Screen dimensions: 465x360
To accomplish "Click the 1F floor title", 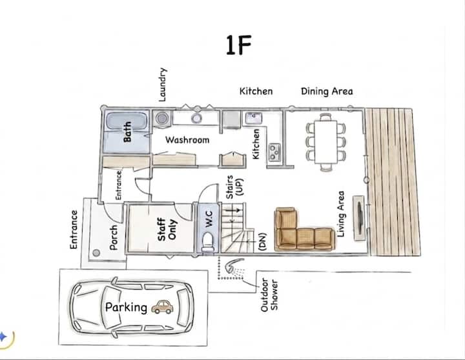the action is tap(239, 45).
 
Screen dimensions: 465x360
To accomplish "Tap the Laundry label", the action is tap(163, 85).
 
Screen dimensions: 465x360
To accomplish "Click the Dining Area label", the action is tap(327, 91).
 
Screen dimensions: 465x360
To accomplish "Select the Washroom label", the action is tap(187, 140).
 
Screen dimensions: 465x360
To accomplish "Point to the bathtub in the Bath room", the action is tap(127, 121).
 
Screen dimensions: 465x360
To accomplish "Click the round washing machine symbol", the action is tap(162, 118).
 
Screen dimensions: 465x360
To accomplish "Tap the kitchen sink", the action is tap(254, 118).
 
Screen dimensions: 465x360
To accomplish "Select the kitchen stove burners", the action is tap(274, 152).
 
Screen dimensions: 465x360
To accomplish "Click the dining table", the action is tap(325, 142).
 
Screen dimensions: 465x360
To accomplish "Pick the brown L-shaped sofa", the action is tap(302, 231).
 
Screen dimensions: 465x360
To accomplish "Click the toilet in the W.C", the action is tap(207, 241).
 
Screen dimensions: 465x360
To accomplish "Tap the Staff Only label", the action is tap(167, 229).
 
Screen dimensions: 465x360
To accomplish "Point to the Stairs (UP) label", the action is tap(234, 187).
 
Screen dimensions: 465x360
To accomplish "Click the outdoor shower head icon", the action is tap(234, 265).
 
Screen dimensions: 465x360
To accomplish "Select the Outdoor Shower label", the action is tap(269, 295).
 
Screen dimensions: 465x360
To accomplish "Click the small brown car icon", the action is tap(163, 307).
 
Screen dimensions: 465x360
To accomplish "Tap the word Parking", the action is tap(127, 308).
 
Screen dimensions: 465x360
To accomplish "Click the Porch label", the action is tap(113, 237).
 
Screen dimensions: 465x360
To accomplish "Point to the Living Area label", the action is tap(341, 214).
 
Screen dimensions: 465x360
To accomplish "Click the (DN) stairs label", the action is tap(263, 242).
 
